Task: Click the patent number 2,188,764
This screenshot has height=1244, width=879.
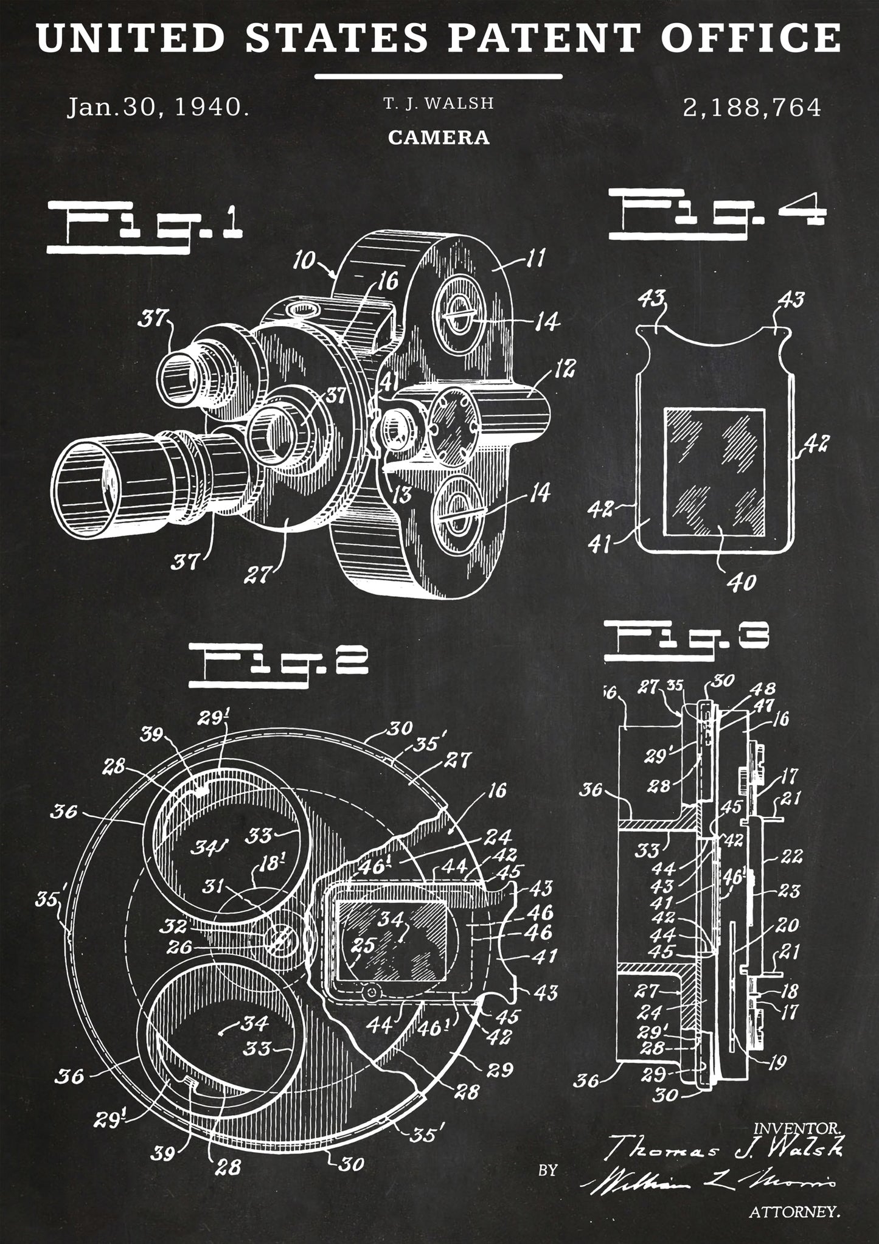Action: [x=752, y=108]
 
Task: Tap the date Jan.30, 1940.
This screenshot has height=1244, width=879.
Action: [x=158, y=108]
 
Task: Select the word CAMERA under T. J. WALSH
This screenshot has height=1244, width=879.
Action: [x=439, y=138]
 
